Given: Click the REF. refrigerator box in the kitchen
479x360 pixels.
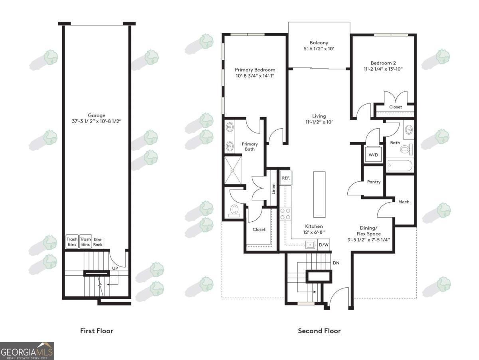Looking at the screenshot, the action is [x=286, y=178].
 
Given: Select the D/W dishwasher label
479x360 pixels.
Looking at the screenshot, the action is [x=324, y=245].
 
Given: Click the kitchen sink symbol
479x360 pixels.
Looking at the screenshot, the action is [x=310, y=245].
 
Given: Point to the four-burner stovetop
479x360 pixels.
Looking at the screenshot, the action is [x=285, y=214].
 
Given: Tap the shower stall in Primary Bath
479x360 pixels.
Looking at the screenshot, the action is [x=233, y=170].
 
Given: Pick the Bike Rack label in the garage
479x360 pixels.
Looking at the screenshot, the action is [x=97, y=242].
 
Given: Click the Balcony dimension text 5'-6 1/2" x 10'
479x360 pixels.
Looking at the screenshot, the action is [x=319, y=48].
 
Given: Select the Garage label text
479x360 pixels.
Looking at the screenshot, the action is [x=97, y=115].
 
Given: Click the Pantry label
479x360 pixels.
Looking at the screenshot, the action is [x=374, y=182].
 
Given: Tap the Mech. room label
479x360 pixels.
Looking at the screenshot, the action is [x=404, y=202].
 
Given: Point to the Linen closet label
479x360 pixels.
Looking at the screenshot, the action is [x=273, y=189].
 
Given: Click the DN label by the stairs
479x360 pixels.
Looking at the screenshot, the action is [x=336, y=263].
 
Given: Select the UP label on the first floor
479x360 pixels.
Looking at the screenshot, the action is [x=115, y=268].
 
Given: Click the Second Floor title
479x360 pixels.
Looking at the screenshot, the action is [x=319, y=331].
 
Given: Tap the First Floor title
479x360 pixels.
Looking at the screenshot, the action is [x=97, y=331].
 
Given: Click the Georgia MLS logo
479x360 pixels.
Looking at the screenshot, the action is [x=27, y=351].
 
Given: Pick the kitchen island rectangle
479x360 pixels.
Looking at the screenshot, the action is [x=319, y=195].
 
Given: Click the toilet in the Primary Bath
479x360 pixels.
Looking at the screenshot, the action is [x=234, y=211].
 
